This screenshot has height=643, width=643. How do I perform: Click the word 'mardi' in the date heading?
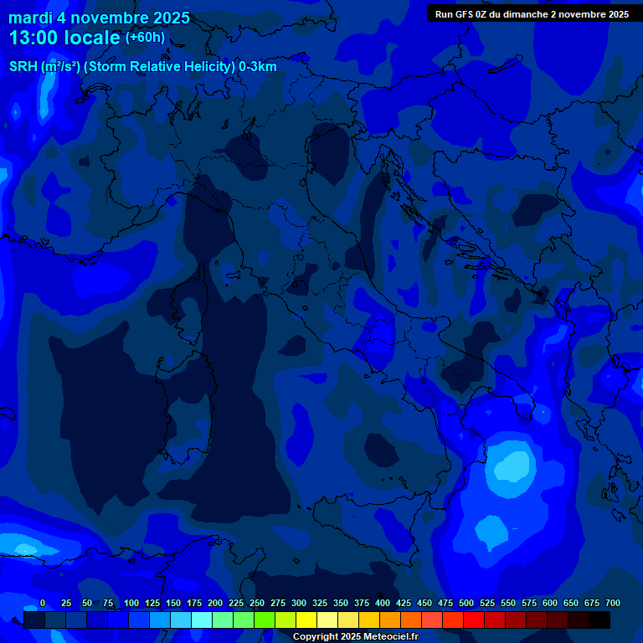click(30, 18)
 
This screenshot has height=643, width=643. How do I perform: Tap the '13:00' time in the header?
click(33, 39)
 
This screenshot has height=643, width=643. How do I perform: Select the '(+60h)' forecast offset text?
click(145, 38)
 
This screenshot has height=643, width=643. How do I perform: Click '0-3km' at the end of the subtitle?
click(258, 67)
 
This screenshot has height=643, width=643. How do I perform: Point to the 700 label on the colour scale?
click(613, 603)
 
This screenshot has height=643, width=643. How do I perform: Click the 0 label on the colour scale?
click(43, 603)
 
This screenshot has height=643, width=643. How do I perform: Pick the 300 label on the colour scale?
click(299, 603)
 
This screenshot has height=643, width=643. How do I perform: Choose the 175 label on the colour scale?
click(194, 603)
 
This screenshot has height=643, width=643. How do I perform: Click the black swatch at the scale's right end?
click(599, 620)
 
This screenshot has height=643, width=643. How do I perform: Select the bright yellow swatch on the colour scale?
click(306, 620)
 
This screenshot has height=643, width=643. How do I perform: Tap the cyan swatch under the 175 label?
click(202, 620)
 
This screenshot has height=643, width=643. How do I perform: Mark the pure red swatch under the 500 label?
click(474, 620)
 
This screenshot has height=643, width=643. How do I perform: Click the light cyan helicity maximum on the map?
click(512, 464)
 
